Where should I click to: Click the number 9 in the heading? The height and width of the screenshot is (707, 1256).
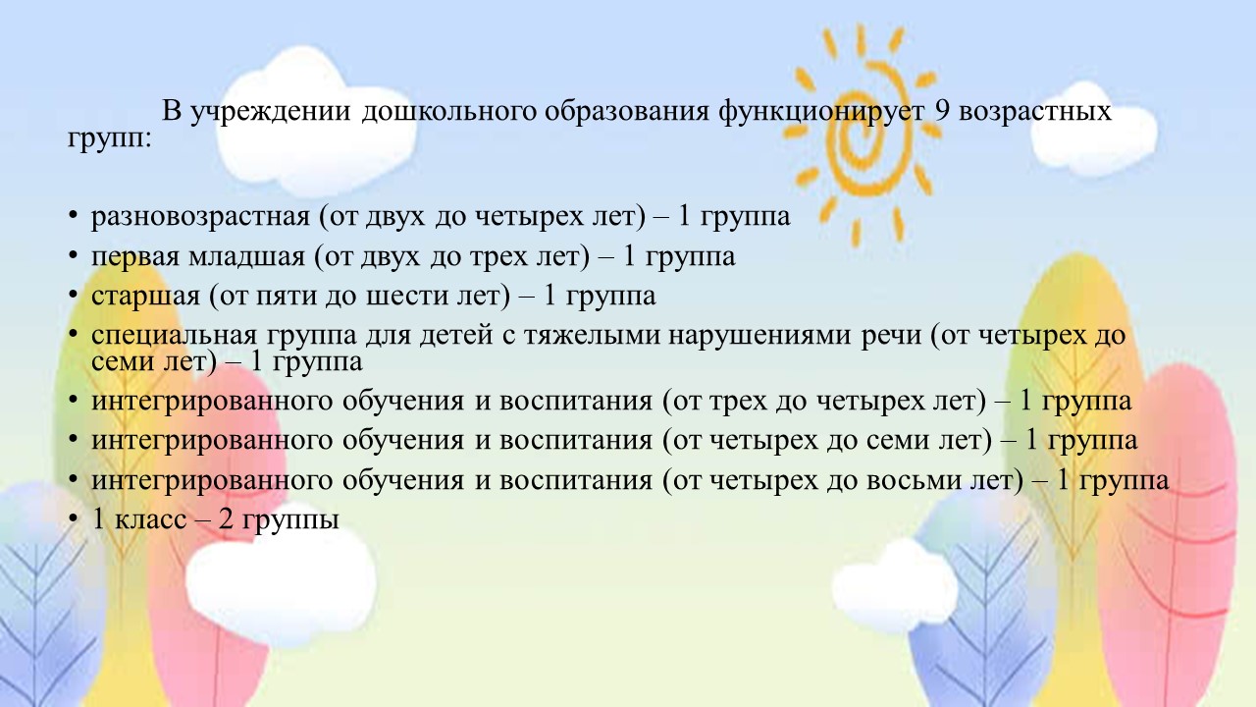(x=941, y=111)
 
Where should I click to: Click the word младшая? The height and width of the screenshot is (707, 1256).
(x=246, y=257)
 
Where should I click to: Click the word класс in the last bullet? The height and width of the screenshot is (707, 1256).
(x=150, y=520)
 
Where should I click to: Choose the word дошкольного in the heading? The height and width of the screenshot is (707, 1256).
(x=448, y=112)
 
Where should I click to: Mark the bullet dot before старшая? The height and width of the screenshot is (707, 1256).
(x=73, y=295)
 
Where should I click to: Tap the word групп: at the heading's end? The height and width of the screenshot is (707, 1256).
(x=110, y=139)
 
